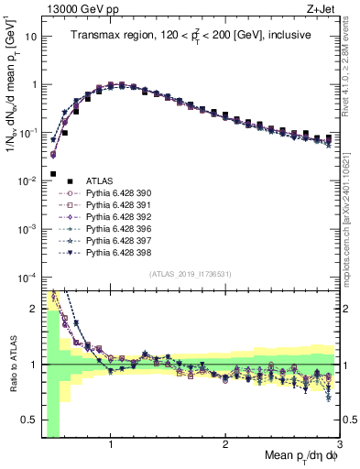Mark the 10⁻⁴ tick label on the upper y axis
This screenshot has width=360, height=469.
coord(27,278)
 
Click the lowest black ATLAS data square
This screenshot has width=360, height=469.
coord(53,174)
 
